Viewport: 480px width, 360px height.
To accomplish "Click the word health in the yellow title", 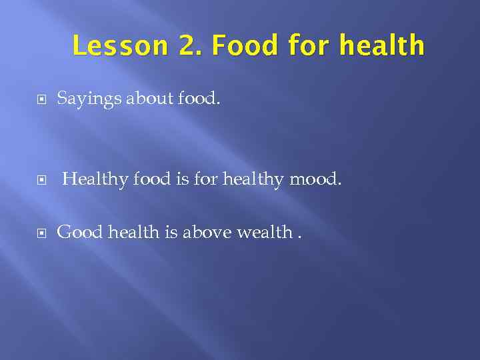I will point(381,46).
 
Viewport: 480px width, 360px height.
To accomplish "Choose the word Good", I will point(79,232).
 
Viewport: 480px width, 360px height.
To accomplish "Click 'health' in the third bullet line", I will point(129,232).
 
